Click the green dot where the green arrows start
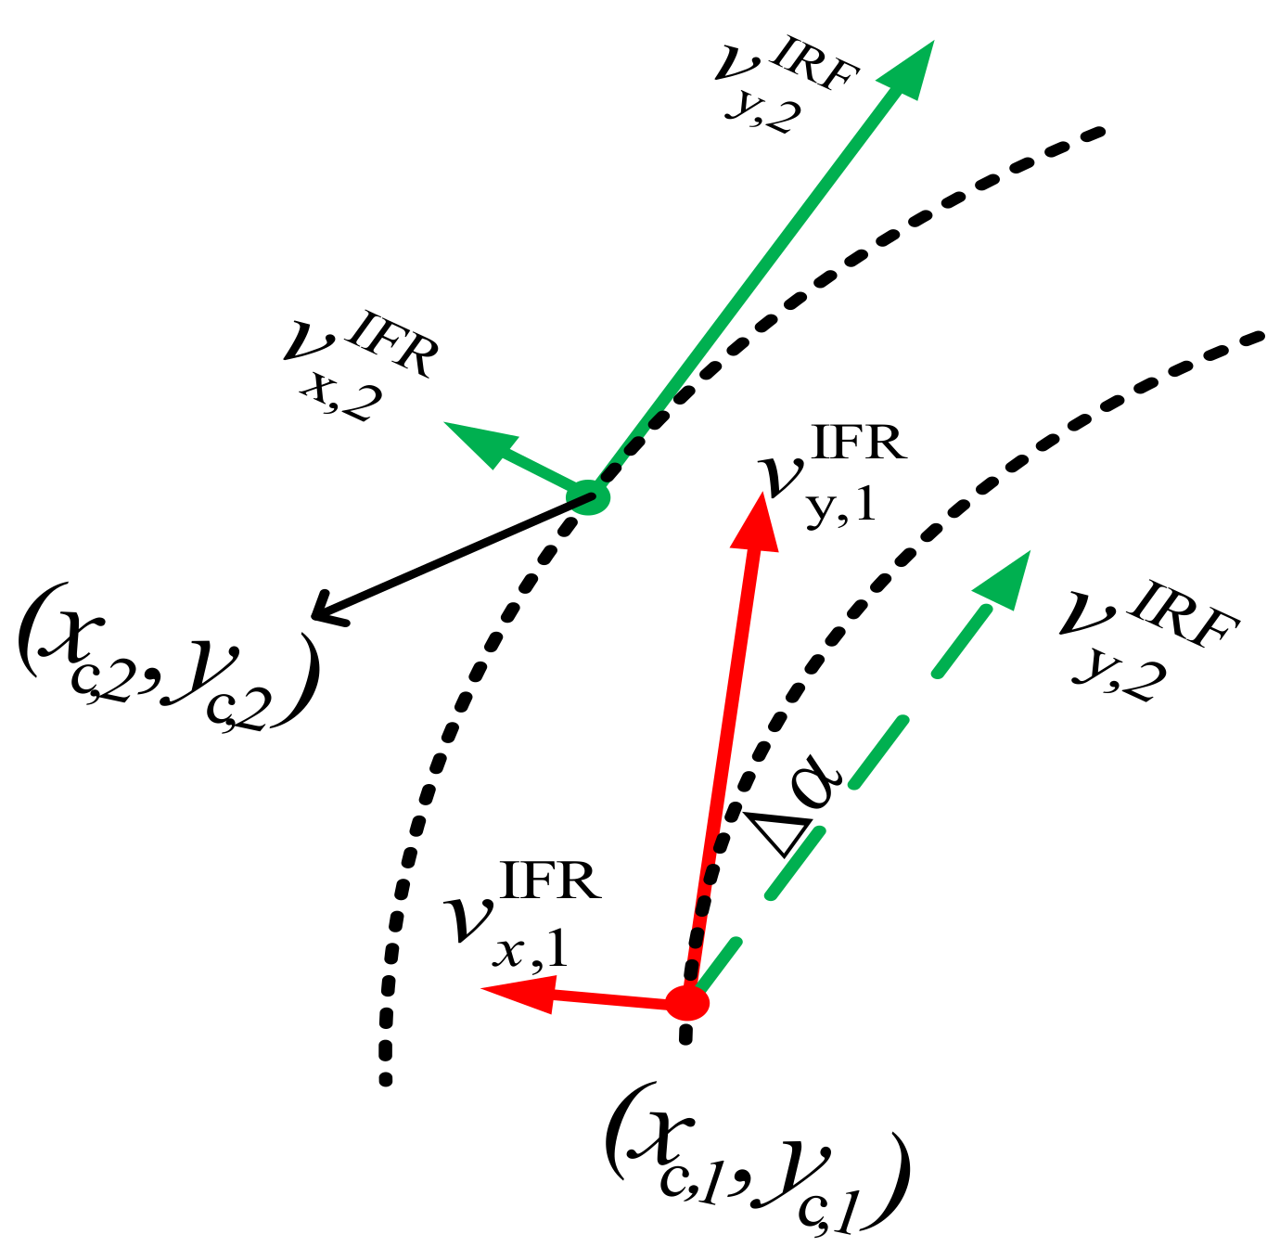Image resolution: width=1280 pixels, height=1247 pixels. pyautogui.click(x=590, y=497)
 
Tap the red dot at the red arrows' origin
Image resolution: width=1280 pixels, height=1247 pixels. pyautogui.click(x=687, y=1002)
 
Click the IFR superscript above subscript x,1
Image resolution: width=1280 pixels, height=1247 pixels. pyautogui.click(x=551, y=881)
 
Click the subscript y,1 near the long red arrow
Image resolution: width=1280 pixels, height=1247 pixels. pyautogui.click(x=840, y=508)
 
